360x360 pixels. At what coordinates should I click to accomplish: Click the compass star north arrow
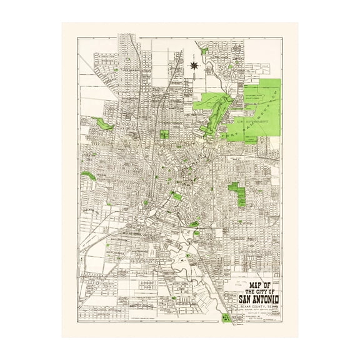click(194, 63)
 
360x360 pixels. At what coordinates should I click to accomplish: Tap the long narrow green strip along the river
click(210, 116)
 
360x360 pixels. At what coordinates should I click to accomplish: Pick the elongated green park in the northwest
click(105, 124)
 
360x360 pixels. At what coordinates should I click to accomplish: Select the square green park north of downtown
click(164, 134)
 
